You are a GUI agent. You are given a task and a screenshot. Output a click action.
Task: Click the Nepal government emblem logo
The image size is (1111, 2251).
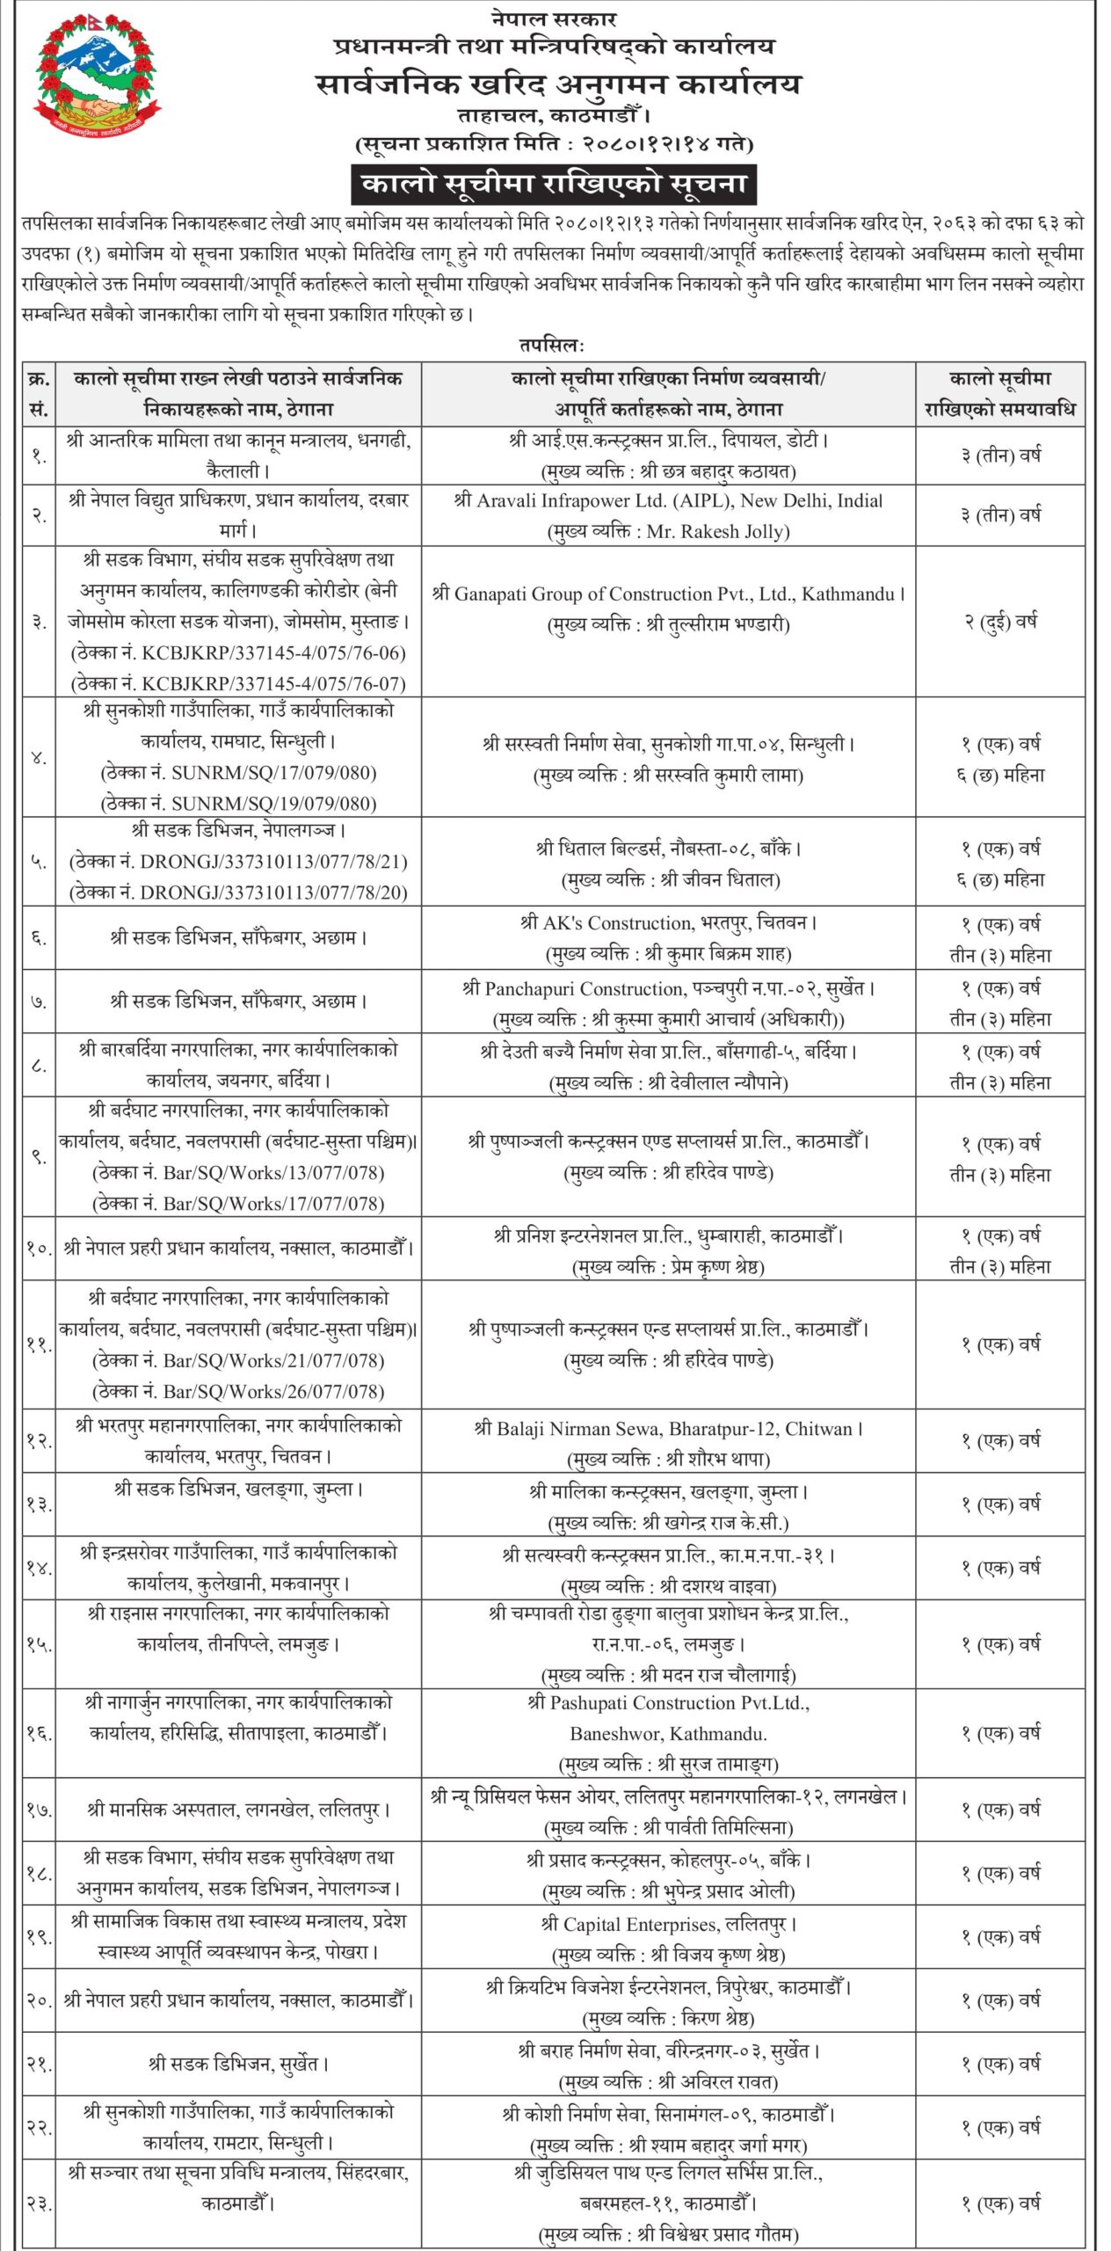click(x=98, y=79)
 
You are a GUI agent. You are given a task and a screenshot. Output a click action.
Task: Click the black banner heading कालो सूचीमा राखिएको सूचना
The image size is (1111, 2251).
click(x=555, y=184)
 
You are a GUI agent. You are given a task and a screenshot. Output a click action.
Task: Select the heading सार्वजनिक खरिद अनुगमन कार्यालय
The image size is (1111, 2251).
click(x=558, y=84)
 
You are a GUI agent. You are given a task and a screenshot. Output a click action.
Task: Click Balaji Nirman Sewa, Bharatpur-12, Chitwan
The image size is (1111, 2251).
click(x=668, y=1429)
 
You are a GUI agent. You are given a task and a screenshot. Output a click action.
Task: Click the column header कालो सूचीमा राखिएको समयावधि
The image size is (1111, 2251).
click(x=1000, y=394)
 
